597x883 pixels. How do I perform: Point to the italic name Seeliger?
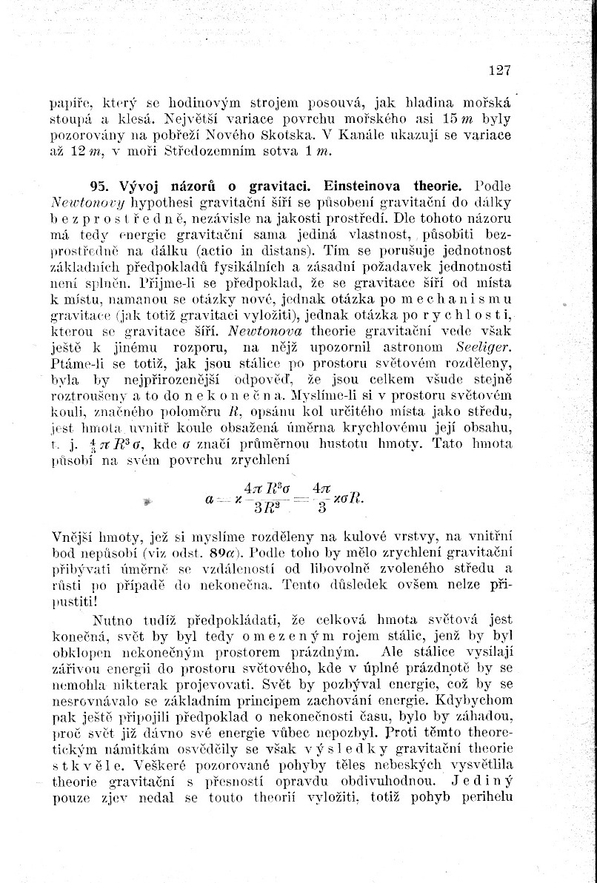click(x=484, y=347)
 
